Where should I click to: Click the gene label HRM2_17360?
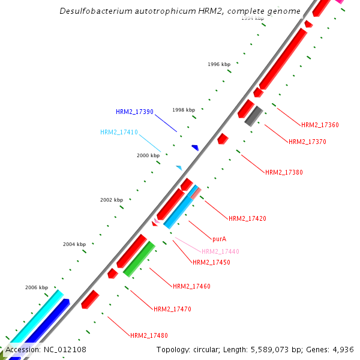[x=320, y=125]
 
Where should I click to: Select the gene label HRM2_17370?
[x=307, y=142]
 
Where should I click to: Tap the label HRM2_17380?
[x=284, y=172]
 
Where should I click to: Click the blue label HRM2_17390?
[x=135, y=112]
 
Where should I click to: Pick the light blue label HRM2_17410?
[x=119, y=132]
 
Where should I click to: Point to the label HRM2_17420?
[x=247, y=218]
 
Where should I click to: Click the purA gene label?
[x=220, y=238]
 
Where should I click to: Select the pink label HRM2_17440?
[x=220, y=252]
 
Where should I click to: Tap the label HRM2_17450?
[x=211, y=262]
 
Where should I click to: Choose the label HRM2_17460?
[x=191, y=286]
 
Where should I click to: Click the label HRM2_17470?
[x=172, y=309]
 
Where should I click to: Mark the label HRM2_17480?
[x=149, y=335]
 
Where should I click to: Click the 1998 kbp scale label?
[x=184, y=110]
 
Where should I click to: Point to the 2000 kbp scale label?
[x=148, y=155]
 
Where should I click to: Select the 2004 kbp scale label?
[x=74, y=244]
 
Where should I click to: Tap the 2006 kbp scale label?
[x=37, y=287]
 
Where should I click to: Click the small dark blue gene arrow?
[x=195, y=147]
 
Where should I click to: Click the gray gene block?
[x=254, y=115]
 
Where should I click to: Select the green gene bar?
[x=139, y=259]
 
